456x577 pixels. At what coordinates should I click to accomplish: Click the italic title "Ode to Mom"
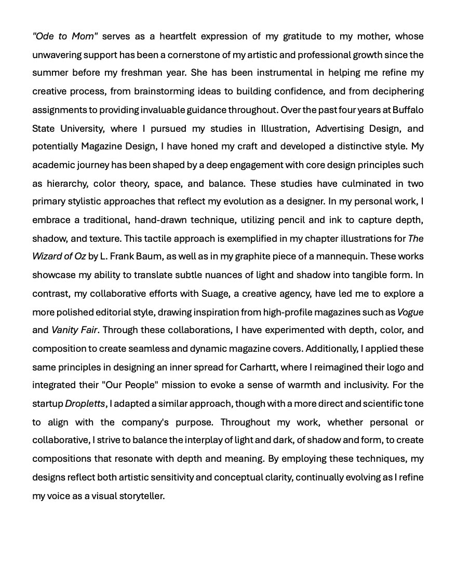65,36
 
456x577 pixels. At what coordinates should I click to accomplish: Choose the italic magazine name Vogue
410,312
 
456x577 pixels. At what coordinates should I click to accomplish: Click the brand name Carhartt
259,367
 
